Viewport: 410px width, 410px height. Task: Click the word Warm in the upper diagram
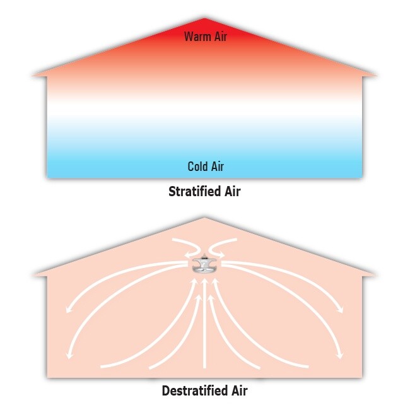pyautogui.click(x=198, y=37)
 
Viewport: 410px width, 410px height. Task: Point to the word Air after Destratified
pyautogui.click(x=239, y=390)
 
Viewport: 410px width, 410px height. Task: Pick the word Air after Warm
pyautogui.click(x=221, y=37)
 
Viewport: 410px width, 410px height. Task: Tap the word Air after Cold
pyautogui.click(x=218, y=167)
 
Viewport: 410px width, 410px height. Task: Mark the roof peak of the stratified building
pyautogui.click(x=204, y=18)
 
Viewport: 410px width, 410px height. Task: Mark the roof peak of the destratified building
pyautogui.click(x=204, y=218)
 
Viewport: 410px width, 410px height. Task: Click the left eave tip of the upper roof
pyautogui.click(x=32, y=76)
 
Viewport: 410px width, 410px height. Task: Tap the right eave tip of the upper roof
pyautogui.click(x=377, y=76)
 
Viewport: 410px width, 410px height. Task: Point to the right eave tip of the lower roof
pyautogui.click(x=375, y=275)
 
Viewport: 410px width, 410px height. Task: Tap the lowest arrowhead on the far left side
pyautogui.click(x=69, y=355)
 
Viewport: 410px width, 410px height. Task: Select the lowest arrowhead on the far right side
pyautogui.click(x=340, y=355)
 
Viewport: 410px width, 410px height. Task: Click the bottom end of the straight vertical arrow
pyautogui.click(x=205, y=368)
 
